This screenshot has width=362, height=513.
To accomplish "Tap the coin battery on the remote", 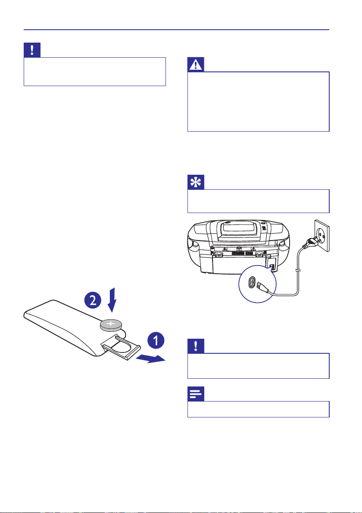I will coord(110,325).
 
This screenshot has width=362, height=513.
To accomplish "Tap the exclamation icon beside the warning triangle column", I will coord(32,50).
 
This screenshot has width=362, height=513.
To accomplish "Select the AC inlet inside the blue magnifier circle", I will coord(251,284).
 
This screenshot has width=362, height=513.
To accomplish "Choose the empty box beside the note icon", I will coord(258,409).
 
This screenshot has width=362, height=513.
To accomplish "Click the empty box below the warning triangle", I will coord(258,102).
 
